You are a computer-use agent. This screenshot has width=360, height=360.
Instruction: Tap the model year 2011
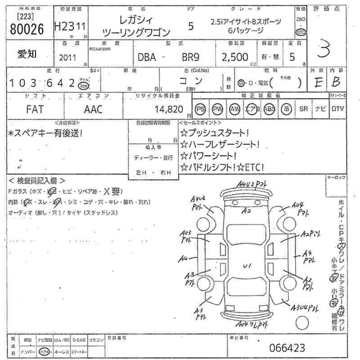68,58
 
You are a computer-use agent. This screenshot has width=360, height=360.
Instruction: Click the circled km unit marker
83,85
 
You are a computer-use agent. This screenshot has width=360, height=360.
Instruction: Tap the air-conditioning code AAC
93,109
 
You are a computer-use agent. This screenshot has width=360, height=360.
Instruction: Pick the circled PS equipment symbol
201,109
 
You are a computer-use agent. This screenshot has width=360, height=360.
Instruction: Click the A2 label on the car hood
246,210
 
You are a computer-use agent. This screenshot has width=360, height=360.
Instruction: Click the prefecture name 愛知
27,54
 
